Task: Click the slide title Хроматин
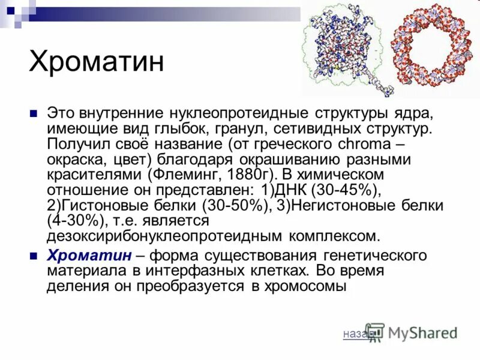pyautogui.click(x=97, y=62)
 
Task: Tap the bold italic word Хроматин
pyautogui.click(x=89, y=256)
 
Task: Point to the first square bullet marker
pyautogui.click(x=34, y=113)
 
